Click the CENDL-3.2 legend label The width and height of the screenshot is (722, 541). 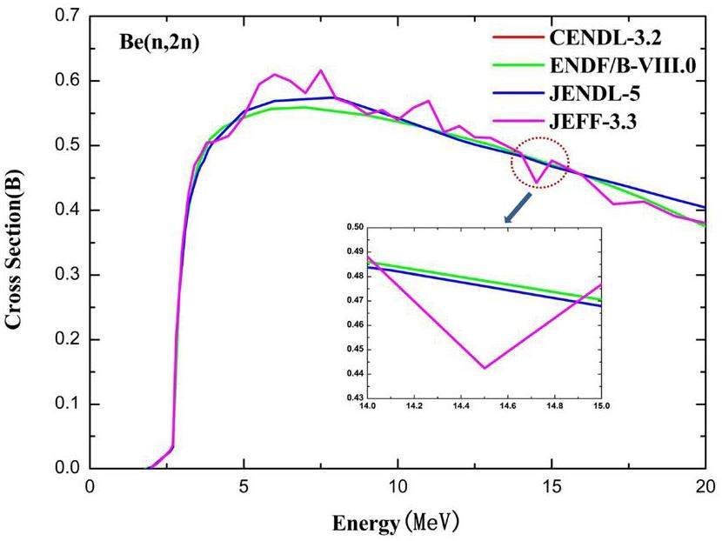pos(609,37)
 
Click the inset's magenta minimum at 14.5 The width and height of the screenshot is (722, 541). pos(484,368)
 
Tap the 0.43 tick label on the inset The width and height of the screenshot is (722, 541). pos(355,397)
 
